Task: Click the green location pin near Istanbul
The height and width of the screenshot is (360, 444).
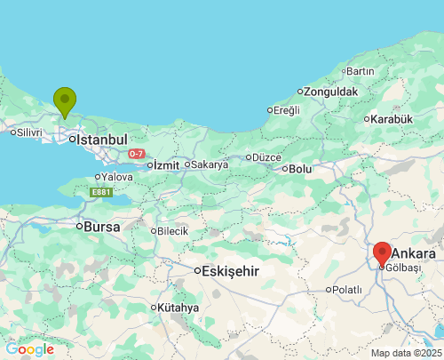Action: coord(64,100)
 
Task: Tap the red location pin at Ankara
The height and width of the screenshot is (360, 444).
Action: coord(382,253)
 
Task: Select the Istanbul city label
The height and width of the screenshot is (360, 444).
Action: coord(102,140)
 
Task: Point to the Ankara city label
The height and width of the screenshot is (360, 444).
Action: coord(413,253)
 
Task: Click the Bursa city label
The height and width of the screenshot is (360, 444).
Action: coord(101,226)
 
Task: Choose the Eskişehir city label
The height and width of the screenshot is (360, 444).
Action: coord(230,271)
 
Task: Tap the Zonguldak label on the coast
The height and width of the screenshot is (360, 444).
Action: coord(331,92)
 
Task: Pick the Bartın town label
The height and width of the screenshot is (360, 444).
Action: coord(361,71)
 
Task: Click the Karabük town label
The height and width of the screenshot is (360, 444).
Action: coord(392,118)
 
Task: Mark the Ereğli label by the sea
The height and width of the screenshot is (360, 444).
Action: coord(286,109)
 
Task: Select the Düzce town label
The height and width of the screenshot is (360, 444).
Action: coord(266,157)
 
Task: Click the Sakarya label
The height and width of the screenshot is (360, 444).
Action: coord(210,164)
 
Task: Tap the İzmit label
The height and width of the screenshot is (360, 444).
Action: coord(166,165)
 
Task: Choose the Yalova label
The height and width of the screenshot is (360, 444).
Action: coord(116,177)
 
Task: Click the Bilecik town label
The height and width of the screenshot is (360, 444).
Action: coord(173,231)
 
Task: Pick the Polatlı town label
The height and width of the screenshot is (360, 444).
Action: coord(345,290)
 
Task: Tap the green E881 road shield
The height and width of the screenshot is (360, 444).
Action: coord(100,191)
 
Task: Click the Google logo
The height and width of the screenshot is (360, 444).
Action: coord(29,349)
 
